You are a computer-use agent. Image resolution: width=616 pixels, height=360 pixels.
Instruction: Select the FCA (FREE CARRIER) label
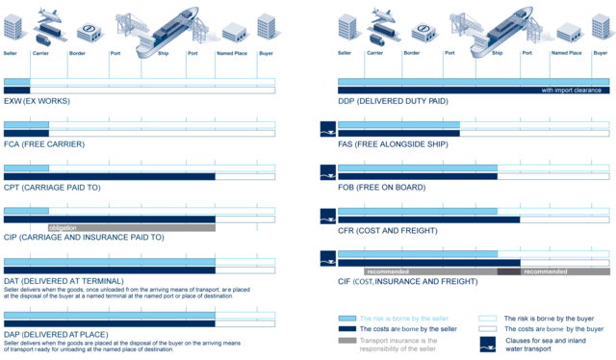pos(44,144)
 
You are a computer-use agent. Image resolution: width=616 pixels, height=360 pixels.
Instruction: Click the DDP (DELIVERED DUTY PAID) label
pos(393,100)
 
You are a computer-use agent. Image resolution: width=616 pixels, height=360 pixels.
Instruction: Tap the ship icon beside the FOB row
pos(328,171)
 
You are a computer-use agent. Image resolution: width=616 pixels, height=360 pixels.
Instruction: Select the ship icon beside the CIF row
pos(328,258)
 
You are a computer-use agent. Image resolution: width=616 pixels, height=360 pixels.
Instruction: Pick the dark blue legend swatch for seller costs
pos(347,329)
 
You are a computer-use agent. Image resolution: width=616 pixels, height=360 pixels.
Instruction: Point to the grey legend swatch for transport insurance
pos(347,341)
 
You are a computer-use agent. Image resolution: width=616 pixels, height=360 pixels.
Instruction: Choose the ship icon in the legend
pos(488,345)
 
